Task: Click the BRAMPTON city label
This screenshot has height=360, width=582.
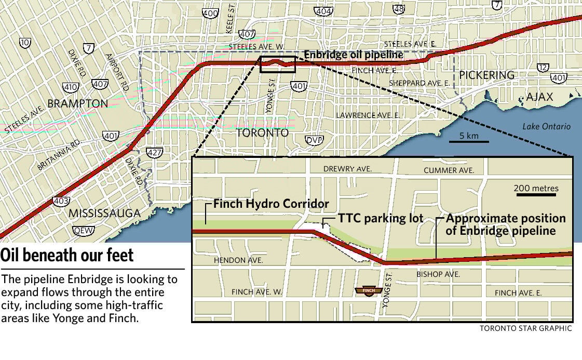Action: point(77,103)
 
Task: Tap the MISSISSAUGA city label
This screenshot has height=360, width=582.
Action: point(104,213)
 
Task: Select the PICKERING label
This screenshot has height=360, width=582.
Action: point(486,75)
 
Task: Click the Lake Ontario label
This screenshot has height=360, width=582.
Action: point(546,127)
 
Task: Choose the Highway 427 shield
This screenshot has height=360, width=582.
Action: point(154,153)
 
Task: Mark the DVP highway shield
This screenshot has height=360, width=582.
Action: point(314,140)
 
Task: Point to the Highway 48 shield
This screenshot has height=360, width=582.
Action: point(399,9)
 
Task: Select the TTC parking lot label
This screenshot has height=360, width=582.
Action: point(381,219)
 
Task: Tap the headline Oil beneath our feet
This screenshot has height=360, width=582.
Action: point(67,256)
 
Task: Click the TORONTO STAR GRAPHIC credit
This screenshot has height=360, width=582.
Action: point(525,328)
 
